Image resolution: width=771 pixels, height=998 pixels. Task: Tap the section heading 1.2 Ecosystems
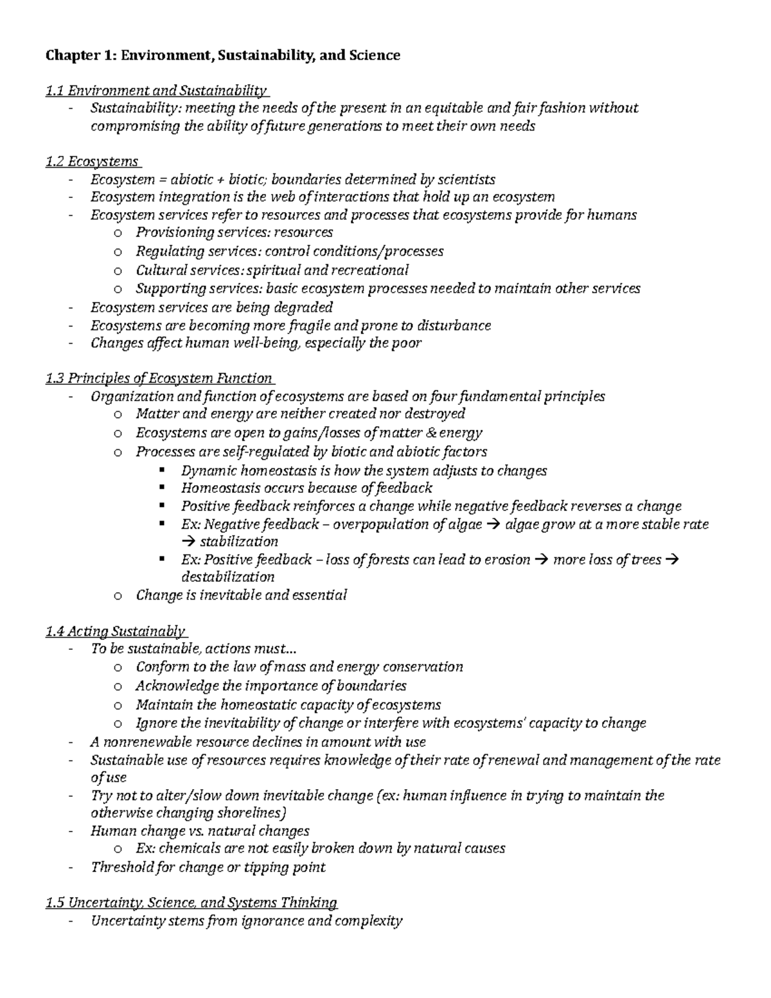(92, 161)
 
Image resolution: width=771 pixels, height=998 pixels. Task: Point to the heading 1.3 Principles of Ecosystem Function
(159, 378)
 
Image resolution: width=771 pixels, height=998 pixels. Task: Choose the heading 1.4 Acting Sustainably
(116, 631)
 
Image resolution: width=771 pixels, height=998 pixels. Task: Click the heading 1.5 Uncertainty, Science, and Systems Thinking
(191, 902)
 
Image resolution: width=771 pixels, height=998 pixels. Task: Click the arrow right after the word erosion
(541, 560)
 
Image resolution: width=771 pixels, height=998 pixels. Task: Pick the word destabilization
(227, 576)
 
